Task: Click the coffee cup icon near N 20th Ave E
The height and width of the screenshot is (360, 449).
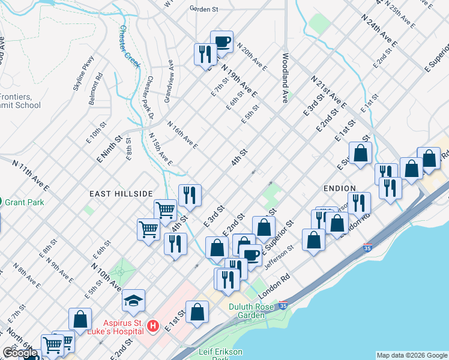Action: pyautogui.click(x=221, y=41)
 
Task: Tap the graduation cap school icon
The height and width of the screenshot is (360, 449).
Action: pyautogui.click(x=133, y=300)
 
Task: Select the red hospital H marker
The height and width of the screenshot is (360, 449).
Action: pyautogui.click(x=152, y=326)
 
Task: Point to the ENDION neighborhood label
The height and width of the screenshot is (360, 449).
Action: pyautogui.click(x=340, y=188)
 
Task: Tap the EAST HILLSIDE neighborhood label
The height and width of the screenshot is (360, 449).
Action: pyautogui.click(x=121, y=194)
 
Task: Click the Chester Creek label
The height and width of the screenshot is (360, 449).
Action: pyautogui.click(x=126, y=43)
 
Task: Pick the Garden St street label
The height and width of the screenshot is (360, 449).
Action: pyautogui.click(x=203, y=9)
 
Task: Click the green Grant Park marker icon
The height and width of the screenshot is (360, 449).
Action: pyautogui.click(x=2, y=202)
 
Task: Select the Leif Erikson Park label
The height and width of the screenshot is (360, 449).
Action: pyautogui.click(x=223, y=354)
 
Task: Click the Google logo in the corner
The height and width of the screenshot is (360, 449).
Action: pyautogui.click(x=20, y=353)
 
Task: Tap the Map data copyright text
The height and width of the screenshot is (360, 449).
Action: pyautogui.click(x=411, y=355)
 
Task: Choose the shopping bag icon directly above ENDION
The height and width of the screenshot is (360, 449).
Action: pyautogui.click(x=361, y=154)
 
